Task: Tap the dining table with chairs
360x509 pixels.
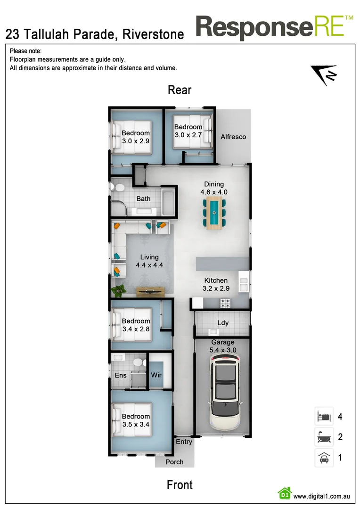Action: (x=214, y=213)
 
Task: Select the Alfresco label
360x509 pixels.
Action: (x=233, y=137)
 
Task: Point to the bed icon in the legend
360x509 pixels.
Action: (x=324, y=417)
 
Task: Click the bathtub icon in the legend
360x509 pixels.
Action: (x=324, y=437)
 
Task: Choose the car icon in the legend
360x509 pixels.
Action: (x=324, y=458)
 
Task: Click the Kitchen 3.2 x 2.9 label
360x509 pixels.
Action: (x=216, y=284)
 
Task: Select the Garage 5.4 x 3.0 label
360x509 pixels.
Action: (x=223, y=346)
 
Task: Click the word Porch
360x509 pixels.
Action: (x=174, y=462)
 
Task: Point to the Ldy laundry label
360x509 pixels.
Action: (x=223, y=323)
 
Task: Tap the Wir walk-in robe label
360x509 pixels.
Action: (x=156, y=375)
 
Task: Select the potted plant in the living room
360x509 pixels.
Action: (x=118, y=289)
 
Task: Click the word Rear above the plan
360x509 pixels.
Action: (x=180, y=90)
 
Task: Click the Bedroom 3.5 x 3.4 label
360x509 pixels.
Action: (x=136, y=420)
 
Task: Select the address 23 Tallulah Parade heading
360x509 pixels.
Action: (x=94, y=34)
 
